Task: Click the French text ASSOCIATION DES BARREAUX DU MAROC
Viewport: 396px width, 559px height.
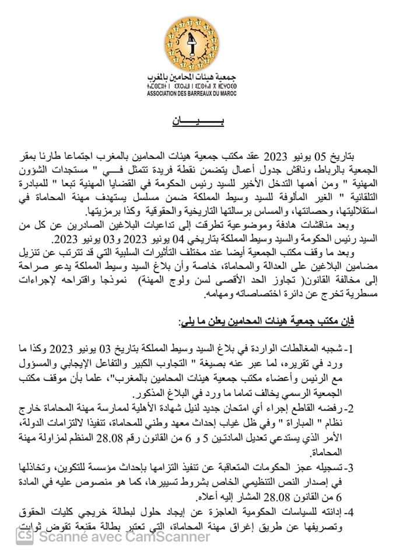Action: (198, 95)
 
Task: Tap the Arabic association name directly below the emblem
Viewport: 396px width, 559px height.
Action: (198, 78)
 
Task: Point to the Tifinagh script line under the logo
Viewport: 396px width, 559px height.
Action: (198, 87)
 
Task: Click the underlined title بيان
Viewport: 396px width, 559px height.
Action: (198, 123)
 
